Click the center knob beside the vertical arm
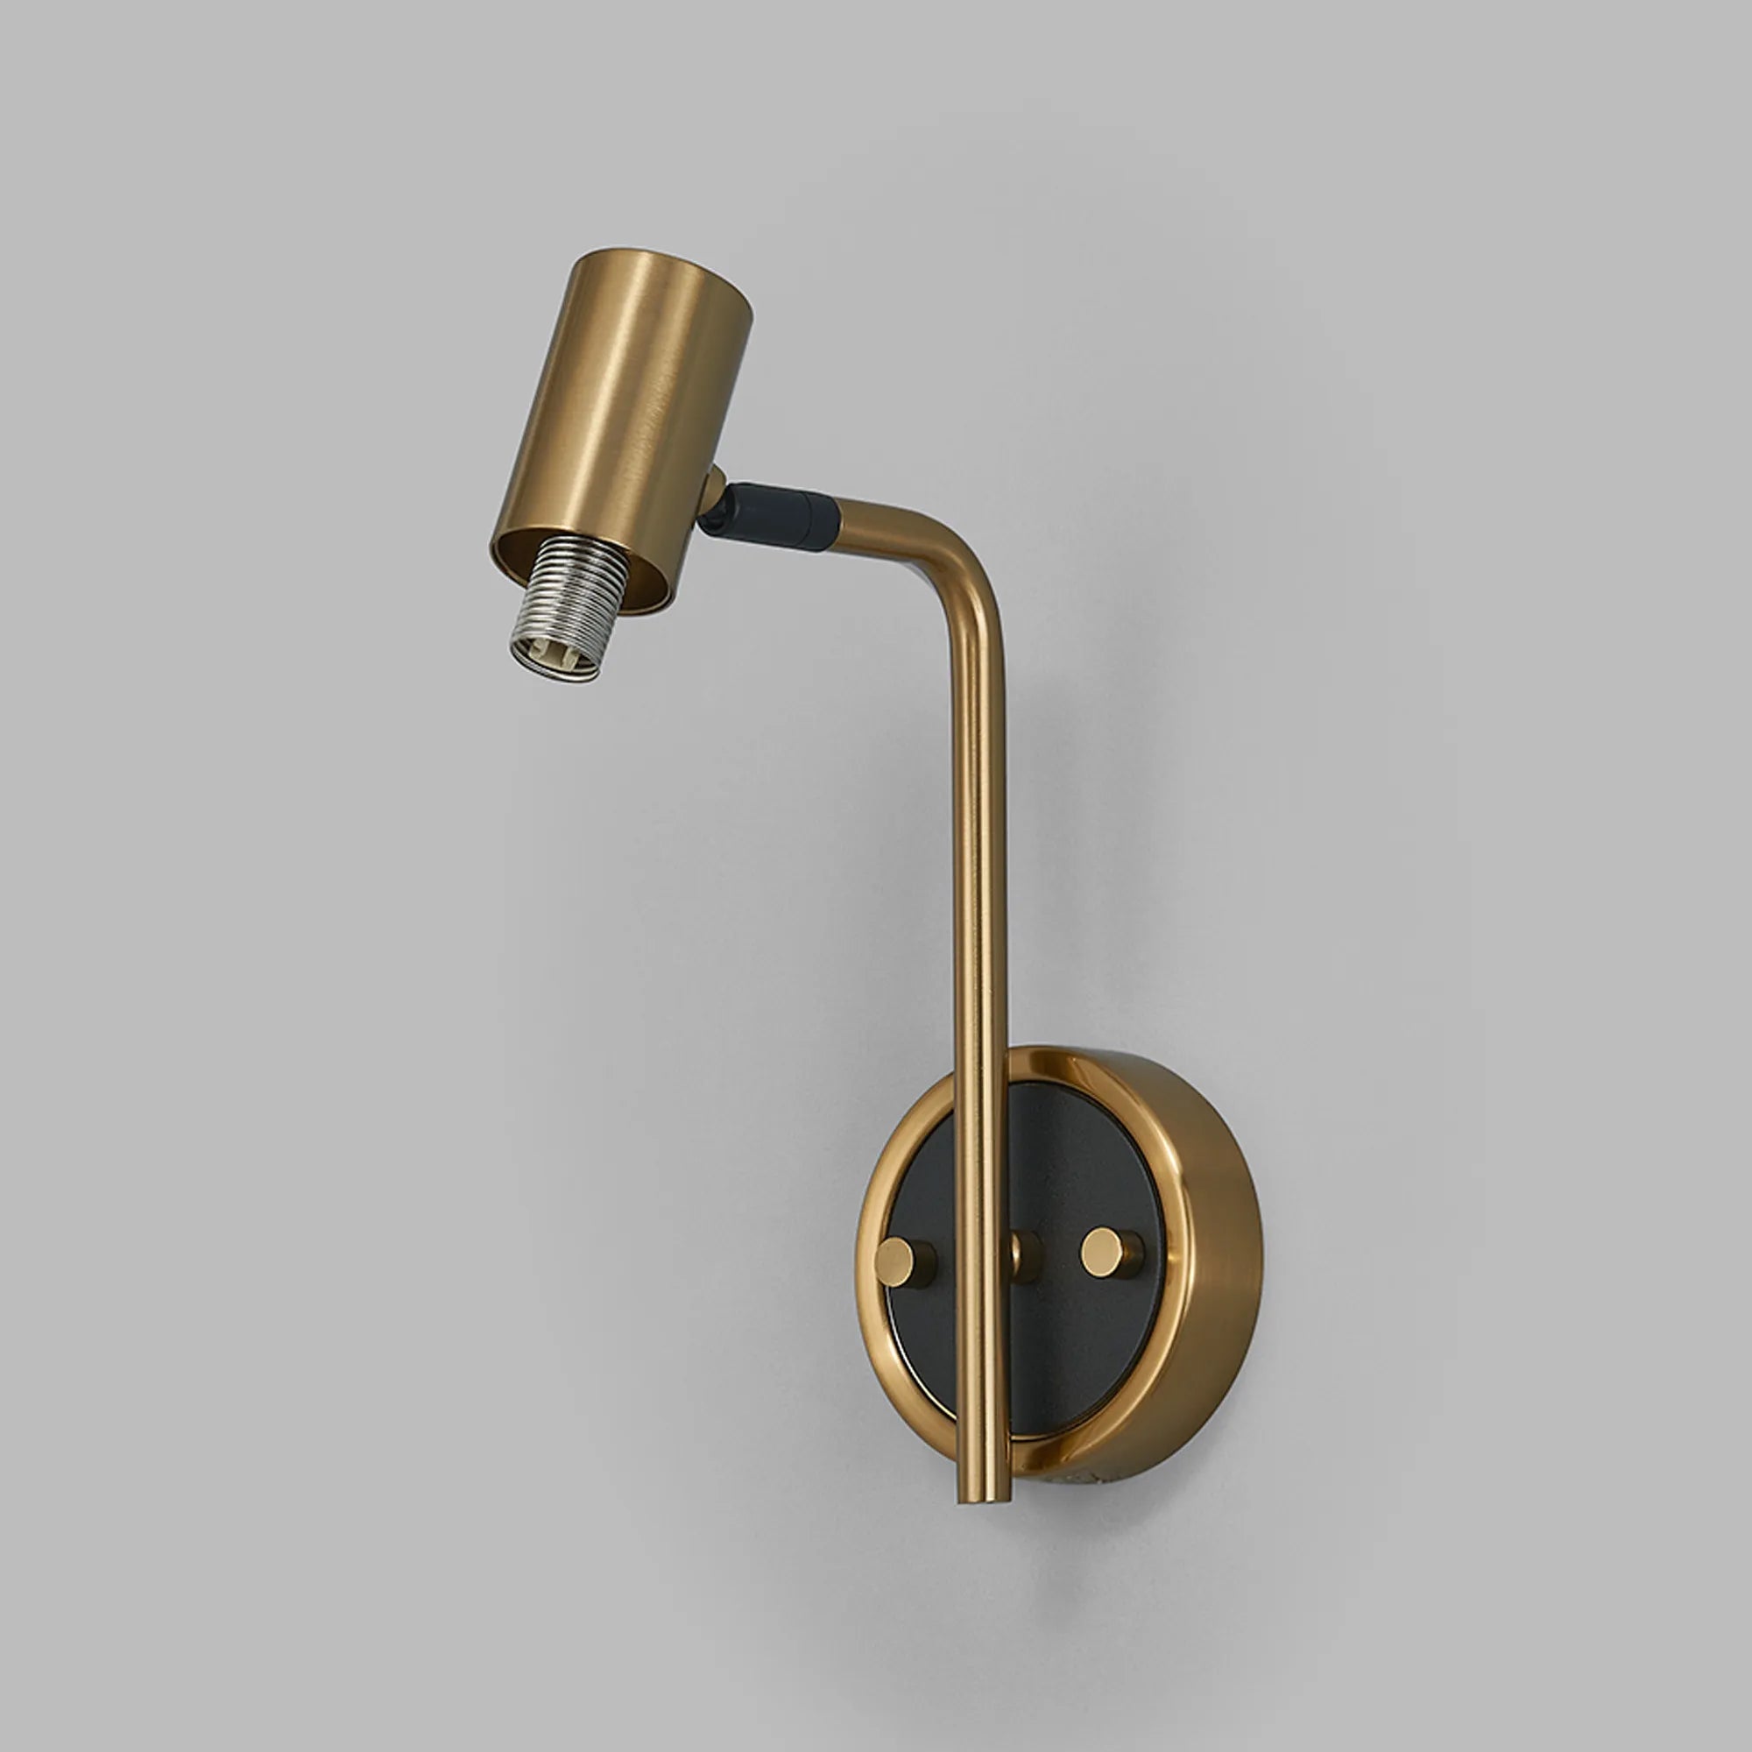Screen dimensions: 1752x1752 [1028, 1255]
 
